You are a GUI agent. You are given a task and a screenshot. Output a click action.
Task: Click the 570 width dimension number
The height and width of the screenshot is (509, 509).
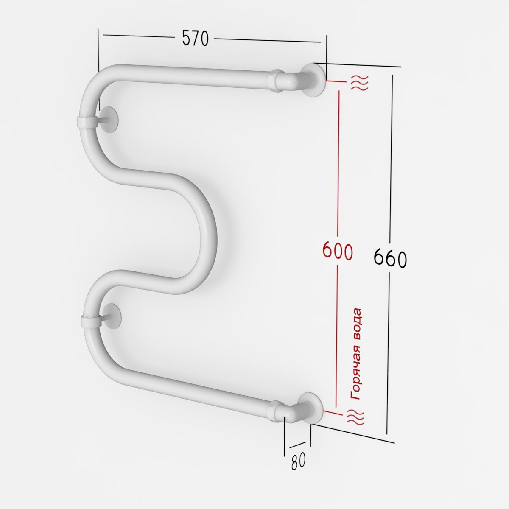click(x=196, y=38)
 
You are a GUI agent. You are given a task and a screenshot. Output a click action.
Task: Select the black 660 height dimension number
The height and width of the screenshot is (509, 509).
click(x=390, y=258)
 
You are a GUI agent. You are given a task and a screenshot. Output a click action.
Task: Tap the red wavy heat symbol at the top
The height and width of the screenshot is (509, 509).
click(x=360, y=82)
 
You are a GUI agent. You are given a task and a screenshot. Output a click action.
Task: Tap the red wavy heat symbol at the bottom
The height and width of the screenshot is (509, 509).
click(x=355, y=417)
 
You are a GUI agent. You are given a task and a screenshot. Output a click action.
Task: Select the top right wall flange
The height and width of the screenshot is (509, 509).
click(x=313, y=80)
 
